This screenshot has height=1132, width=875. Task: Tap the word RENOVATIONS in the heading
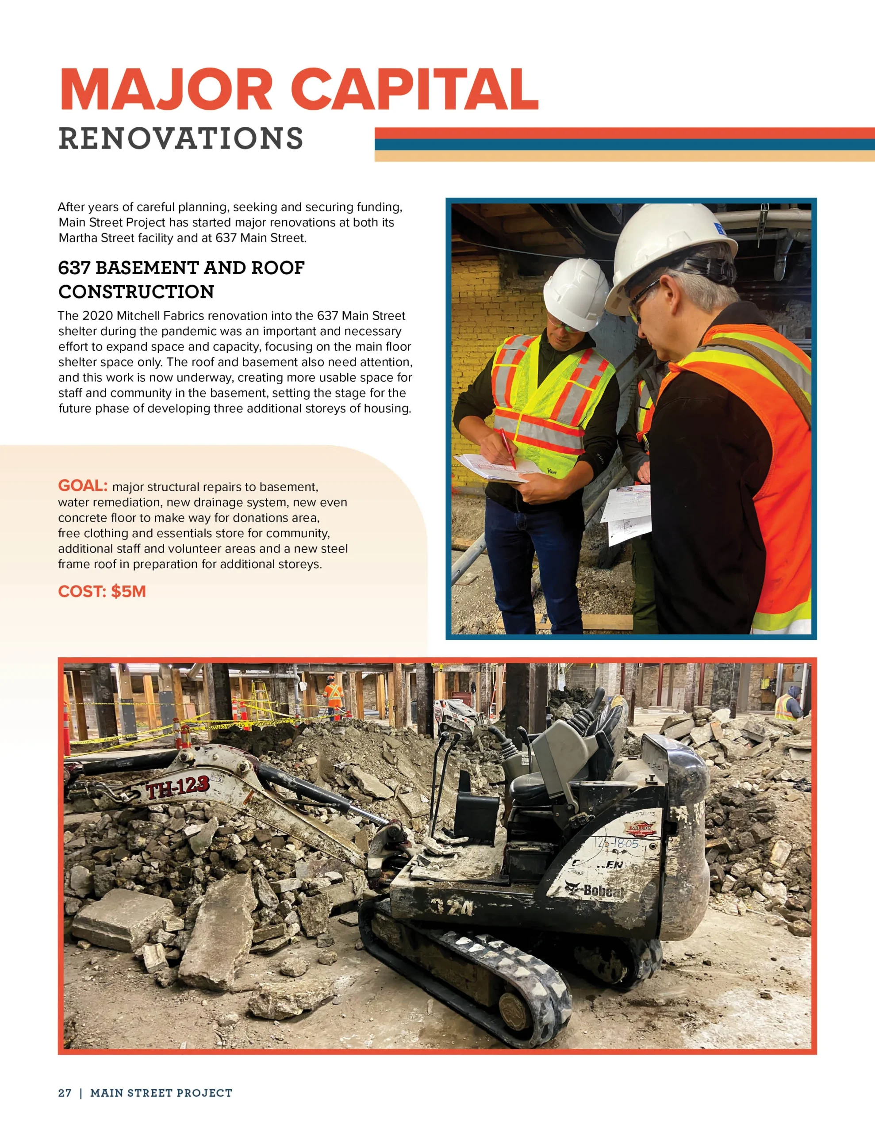coord(180,138)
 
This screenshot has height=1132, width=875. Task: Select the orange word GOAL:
coord(82,486)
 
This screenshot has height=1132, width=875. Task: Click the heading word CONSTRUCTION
coord(136,292)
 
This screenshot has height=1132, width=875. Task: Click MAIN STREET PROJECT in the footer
coord(161,1093)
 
